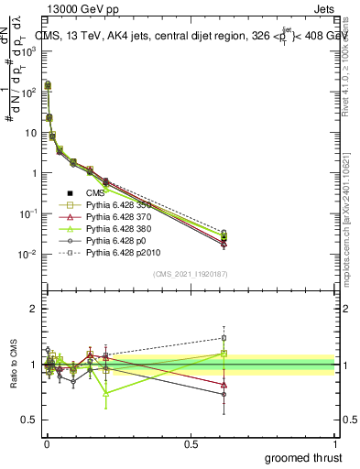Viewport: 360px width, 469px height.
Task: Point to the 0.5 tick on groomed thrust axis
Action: tap(191, 444)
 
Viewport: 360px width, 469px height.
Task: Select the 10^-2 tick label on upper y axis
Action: tap(28, 254)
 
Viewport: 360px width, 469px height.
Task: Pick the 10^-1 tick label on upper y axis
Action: tap(28, 213)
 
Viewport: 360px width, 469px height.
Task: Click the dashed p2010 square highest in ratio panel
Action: tap(224, 338)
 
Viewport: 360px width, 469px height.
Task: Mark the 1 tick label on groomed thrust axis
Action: tap(335, 444)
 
